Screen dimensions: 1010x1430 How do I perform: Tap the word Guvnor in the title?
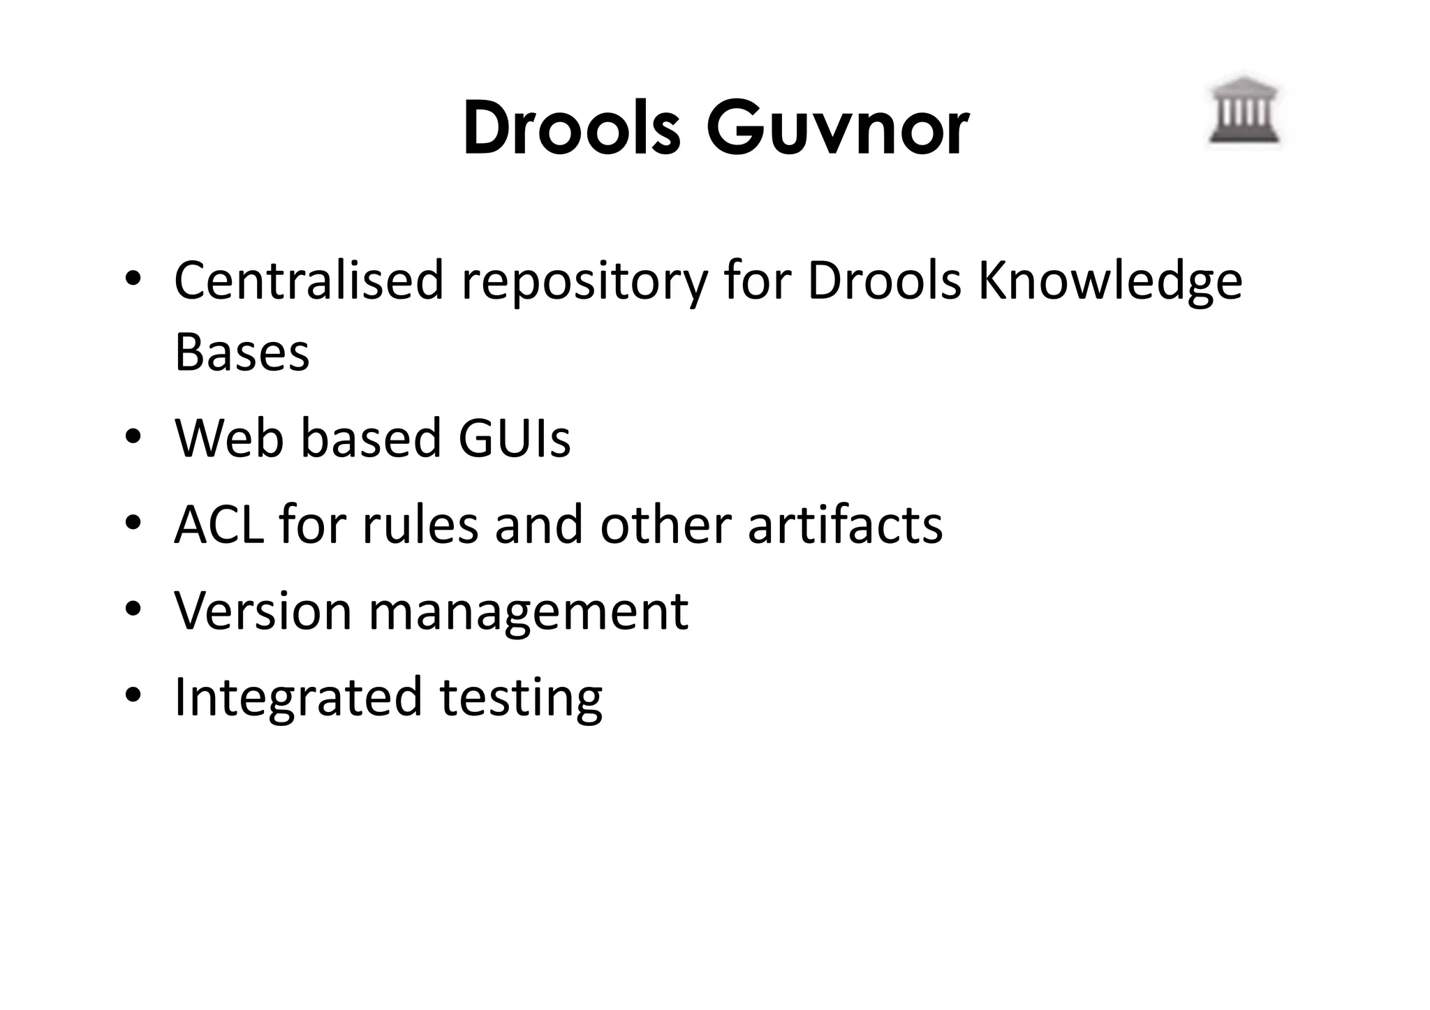point(837,129)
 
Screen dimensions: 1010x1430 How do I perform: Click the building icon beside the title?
point(1244,112)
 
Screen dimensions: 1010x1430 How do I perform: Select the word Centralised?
point(309,281)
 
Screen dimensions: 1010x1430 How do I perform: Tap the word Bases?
point(242,352)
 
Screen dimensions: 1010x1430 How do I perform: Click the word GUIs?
point(514,438)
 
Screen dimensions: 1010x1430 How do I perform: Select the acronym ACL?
point(219,524)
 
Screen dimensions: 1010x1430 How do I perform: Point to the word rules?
point(420,524)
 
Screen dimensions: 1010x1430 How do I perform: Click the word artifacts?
point(845,524)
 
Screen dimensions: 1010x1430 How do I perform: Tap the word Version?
point(263,611)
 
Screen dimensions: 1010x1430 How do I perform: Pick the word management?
point(528,612)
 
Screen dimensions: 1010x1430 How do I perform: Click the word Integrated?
point(298,697)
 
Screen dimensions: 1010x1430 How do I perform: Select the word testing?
point(521,697)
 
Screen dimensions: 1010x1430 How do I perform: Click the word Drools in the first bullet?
point(884,281)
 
